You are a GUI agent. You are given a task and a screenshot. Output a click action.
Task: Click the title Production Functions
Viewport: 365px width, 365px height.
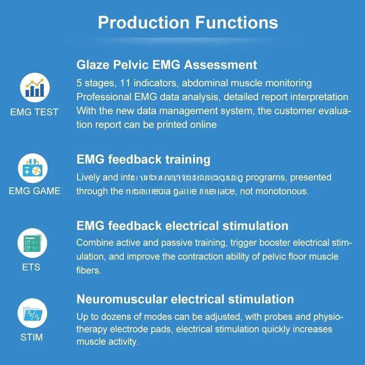pyautogui.click(x=188, y=23)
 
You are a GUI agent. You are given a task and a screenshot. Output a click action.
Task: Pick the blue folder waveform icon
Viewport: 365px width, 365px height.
pyautogui.click(x=32, y=314)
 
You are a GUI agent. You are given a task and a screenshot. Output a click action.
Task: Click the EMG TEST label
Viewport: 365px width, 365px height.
pyautogui.click(x=34, y=112)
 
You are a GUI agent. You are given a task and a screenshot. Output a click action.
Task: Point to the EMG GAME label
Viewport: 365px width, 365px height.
pyautogui.click(x=35, y=191)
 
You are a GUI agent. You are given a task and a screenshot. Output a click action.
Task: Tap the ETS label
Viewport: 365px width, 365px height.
pyautogui.click(x=31, y=267)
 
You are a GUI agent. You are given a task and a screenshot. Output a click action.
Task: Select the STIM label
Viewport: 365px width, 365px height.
pyautogui.click(x=31, y=337)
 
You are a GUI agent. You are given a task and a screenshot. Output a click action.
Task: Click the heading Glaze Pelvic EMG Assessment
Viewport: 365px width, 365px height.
pyautogui.click(x=167, y=65)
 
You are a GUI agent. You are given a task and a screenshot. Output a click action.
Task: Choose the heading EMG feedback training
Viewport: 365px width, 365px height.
pyautogui.click(x=143, y=160)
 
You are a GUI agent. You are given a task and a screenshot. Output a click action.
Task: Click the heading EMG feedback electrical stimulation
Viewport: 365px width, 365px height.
pyautogui.click(x=182, y=226)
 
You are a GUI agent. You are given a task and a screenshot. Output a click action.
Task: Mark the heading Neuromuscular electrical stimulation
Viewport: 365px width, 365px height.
pyautogui.click(x=185, y=299)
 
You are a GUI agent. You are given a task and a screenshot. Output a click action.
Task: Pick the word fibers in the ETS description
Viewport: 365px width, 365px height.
pyautogui.click(x=87, y=270)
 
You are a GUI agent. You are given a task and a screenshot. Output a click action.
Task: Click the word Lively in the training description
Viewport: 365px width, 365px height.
pyautogui.click(x=88, y=178)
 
